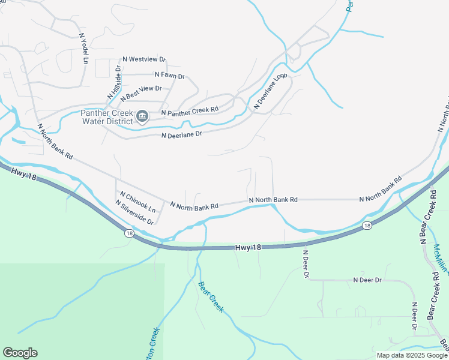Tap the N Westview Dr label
click(x=144, y=59)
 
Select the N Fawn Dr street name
click(x=169, y=76)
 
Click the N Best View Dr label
click(x=141, y=92)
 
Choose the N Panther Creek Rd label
click(x=189, y=110)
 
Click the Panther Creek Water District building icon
click(x=142, y=116)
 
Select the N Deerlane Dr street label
click(x=181, y=134)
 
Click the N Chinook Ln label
click(x=137, y=202)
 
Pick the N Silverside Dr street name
click(x=134, y=212)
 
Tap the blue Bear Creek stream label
click(x=211, y=297)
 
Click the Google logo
click(x=20, y=353)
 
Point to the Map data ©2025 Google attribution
click(x=412, y=355)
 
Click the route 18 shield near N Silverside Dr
click(x=129, y=232)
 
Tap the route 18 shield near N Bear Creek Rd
click(x=367, y=226)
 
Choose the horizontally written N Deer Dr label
click(x=367, y=280)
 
